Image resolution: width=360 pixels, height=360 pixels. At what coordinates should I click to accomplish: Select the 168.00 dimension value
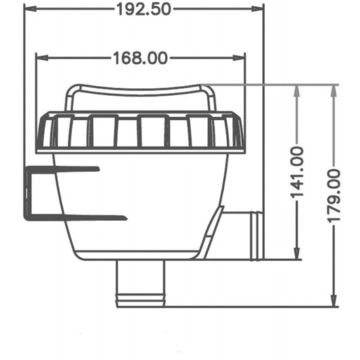point(140,58)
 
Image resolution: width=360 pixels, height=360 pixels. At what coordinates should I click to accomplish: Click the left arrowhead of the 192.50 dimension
point(29,9)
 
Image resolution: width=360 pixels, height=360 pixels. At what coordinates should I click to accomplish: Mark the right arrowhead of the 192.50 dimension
point(258,9)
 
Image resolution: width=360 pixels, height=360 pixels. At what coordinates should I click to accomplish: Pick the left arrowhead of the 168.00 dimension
point(39,58)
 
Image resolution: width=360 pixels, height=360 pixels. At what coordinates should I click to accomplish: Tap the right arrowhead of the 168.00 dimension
point(241,58)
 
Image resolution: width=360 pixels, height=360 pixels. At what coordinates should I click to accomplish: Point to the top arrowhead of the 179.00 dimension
point(334,90)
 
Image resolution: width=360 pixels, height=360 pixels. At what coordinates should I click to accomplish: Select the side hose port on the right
point(245,234)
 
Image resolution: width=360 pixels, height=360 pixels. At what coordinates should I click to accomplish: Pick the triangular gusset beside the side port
point(213,234)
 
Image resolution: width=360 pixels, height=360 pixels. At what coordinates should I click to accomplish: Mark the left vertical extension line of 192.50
point(24,82)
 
